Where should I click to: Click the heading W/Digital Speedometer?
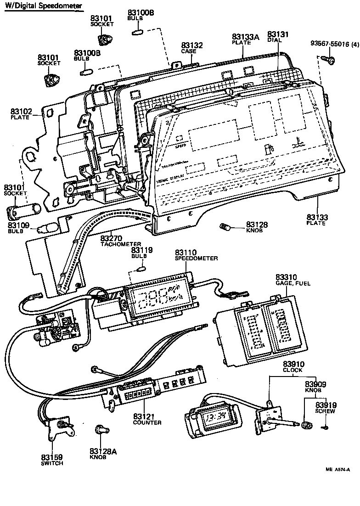[45, 6]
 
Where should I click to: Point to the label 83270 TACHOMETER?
[121, 241]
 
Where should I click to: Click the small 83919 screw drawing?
[325, 428]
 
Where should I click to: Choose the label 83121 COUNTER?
[147, 419]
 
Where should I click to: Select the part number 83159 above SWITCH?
[51, 457]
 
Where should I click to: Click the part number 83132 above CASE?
[192, 46]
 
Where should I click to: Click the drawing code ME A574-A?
[338, 470]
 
